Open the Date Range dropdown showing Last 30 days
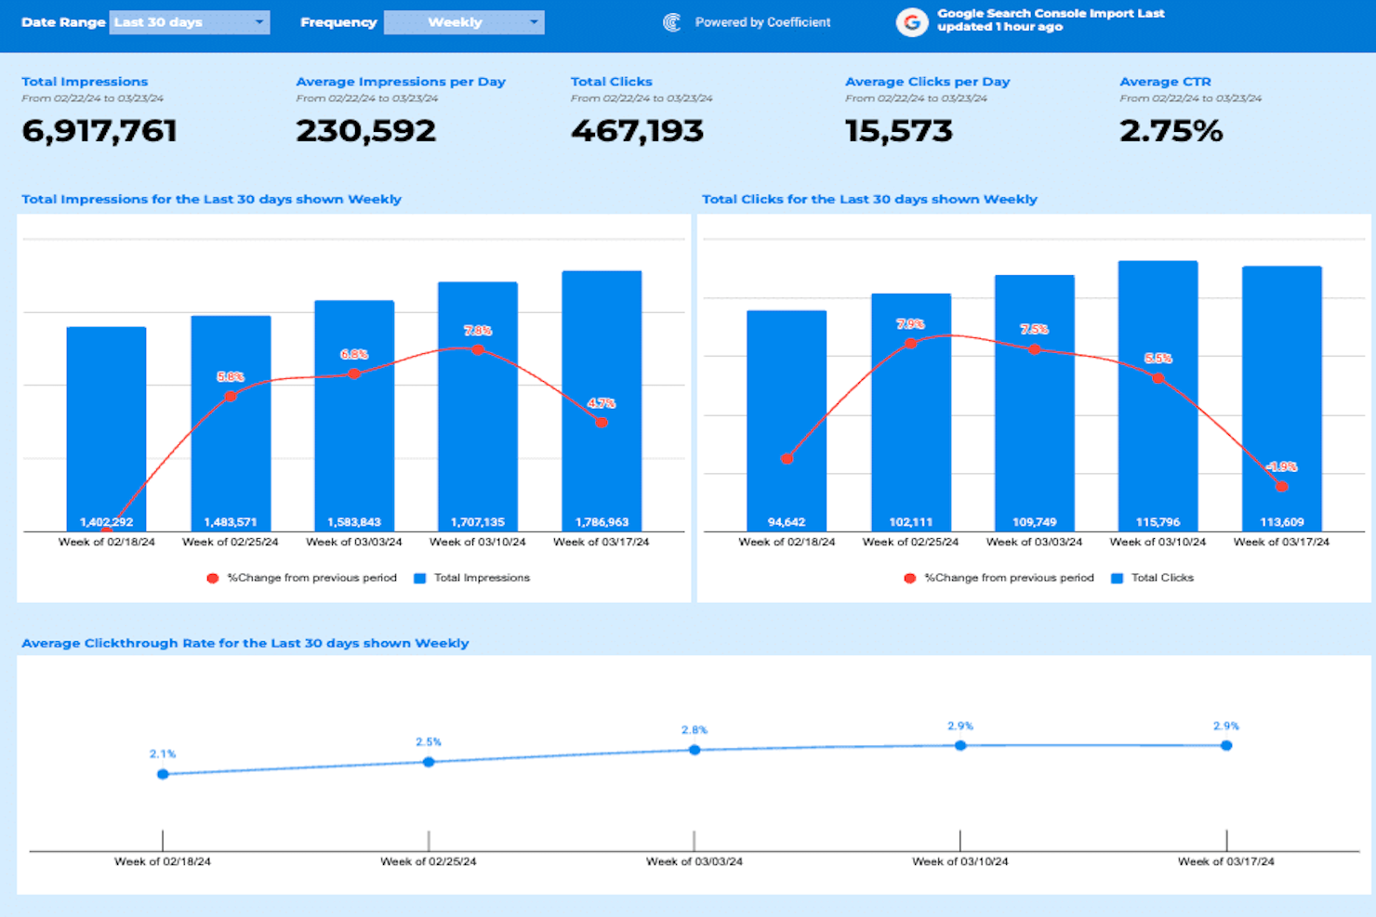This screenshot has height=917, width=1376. point(189,22)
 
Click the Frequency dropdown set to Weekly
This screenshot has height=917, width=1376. point(463,22)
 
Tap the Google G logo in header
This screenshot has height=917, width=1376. point(911,22)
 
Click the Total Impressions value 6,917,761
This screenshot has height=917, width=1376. point(99,131)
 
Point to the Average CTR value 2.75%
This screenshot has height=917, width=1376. point(1171,131)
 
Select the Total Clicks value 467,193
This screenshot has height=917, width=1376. point(637,131)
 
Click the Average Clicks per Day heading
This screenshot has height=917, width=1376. point(927,82)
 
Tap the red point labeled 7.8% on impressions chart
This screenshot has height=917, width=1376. point(478,349)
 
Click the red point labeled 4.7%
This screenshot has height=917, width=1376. point(602,423)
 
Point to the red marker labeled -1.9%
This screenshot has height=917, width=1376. point(1281,486)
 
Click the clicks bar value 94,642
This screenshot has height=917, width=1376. point(787,522)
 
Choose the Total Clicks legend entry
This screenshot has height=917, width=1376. point(1161,578)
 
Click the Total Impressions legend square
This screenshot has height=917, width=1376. point(420,578)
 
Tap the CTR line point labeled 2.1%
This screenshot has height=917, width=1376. point(163,774)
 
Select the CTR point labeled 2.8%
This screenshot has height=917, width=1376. point(695,750)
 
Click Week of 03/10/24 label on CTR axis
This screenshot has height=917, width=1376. point(959,861)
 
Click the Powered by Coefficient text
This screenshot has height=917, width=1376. point(762,22)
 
